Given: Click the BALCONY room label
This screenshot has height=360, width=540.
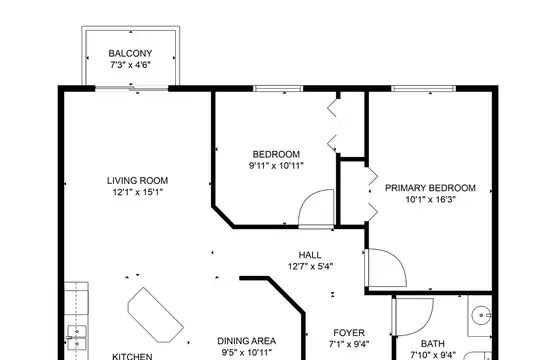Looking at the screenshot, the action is point(130,53).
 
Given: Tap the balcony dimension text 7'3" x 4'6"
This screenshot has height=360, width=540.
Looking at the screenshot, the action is point(131,64).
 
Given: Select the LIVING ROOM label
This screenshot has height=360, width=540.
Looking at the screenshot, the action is point(137,181).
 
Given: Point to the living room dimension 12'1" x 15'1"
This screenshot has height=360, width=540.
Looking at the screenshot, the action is point(137,192).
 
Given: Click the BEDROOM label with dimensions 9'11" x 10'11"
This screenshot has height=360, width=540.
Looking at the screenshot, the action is point(276,154).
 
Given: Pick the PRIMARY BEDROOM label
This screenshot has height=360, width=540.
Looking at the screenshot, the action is point(430,188).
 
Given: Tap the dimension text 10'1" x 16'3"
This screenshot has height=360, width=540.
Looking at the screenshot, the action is point(430,199).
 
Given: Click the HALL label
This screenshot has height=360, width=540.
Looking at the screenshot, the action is point(310,255).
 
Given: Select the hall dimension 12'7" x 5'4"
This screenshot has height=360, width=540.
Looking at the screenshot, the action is point(310,266).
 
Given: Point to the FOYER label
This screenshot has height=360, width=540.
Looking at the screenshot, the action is point(349,333).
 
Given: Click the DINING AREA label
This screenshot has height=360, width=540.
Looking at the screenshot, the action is point(247,341).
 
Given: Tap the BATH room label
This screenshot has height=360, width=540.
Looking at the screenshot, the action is point(433,343).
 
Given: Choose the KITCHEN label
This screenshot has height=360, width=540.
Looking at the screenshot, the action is point(133,356).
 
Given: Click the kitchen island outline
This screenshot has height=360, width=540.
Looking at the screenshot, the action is point(155,315).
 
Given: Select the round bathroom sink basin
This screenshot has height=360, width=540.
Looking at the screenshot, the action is point(481,315).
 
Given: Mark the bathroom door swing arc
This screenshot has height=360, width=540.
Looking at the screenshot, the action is point(425,323).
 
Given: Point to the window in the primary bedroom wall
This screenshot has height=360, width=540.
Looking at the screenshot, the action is point(424,89).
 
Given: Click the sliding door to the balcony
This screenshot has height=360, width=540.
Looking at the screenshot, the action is point(132,89).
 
